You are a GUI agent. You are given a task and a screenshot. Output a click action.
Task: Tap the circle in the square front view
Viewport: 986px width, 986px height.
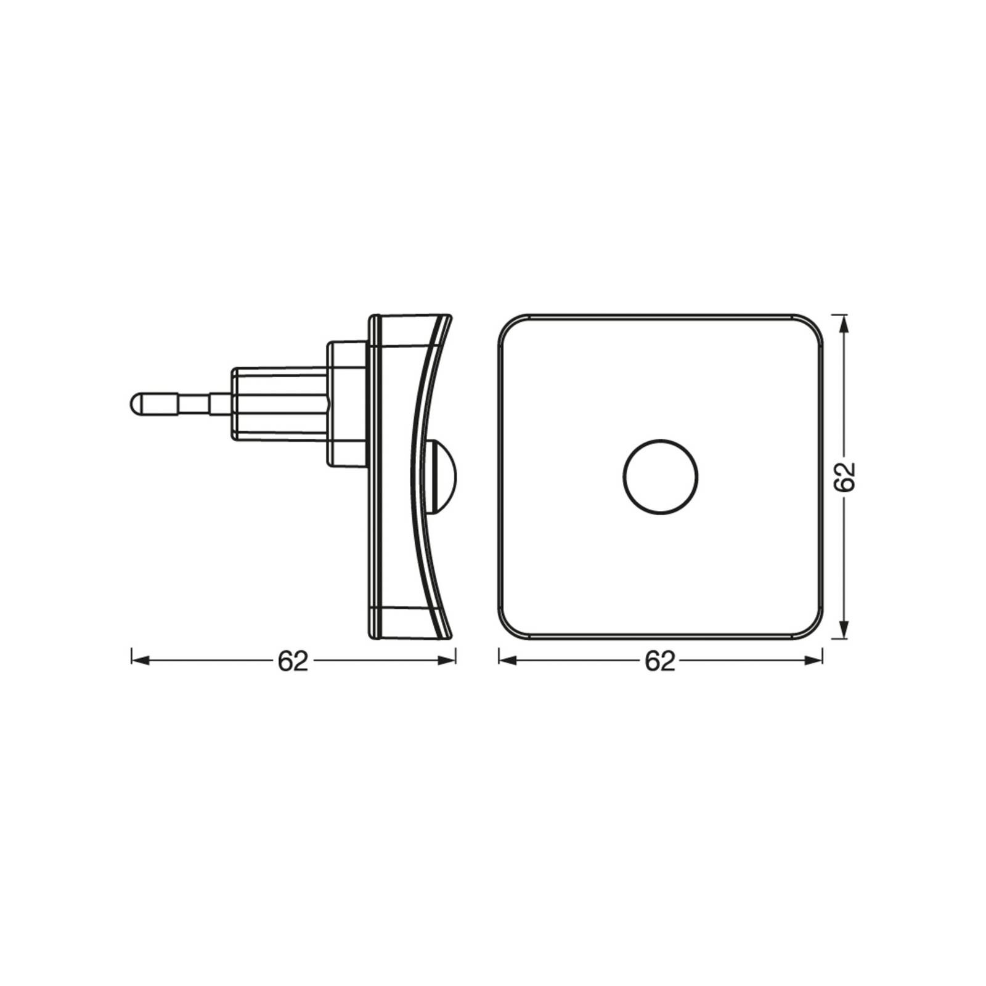click(661, 476)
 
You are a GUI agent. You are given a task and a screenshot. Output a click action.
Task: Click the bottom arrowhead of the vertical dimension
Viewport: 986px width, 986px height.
click(844, 631)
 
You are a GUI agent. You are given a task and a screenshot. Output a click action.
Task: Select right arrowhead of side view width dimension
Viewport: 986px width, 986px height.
click(447, 661)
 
